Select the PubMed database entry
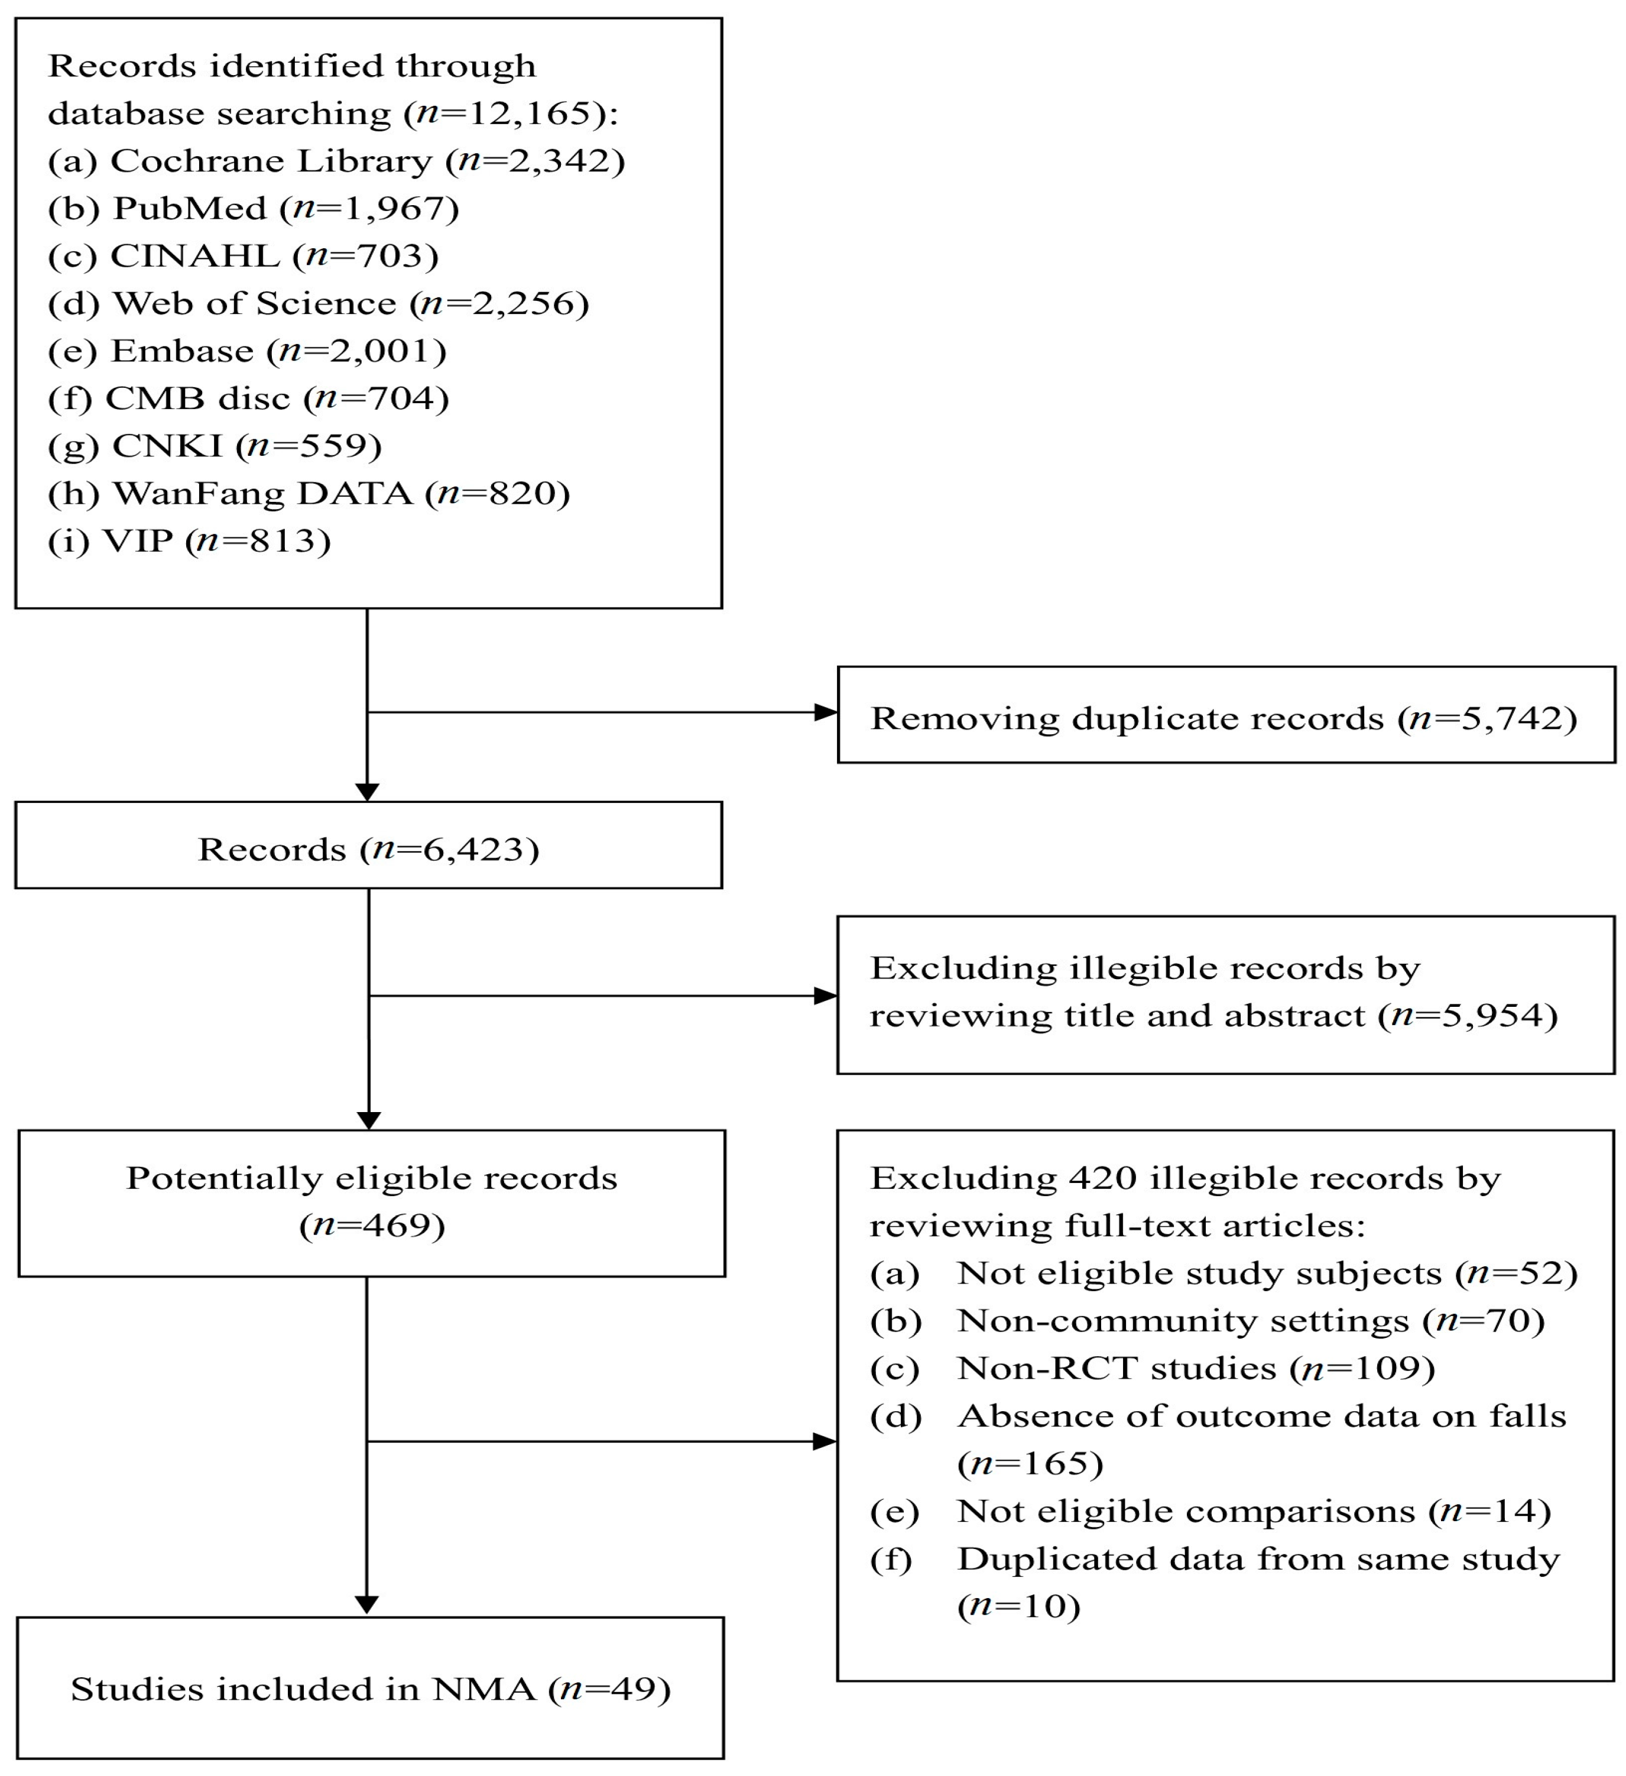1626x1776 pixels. pyautogui.click(x=254, y=209)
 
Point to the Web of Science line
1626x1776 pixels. pyautogui.click(x=319, y=304)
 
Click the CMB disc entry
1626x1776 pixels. pyautogui.click(x=248, y=399)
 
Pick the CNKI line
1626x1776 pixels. pyautogui.click(x=215, y=446)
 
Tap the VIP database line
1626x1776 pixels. pyautogui.click(x=189, y=542)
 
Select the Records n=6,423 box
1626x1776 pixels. pyautogui.click(x=369, y=845)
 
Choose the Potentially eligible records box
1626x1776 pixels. pyautogui.click(x=372, y=1203)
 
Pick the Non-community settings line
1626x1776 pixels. pyautogui.click(x=1208, y=1321)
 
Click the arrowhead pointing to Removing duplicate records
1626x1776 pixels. pyautogui.click(x=826, y=712)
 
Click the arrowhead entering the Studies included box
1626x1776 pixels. pyautogui.click(x=367, y=1605)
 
